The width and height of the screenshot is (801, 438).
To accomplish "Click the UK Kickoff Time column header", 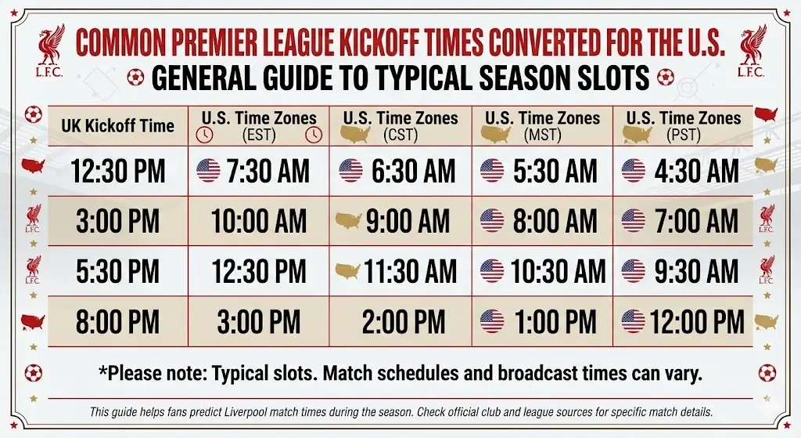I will click(117, 125).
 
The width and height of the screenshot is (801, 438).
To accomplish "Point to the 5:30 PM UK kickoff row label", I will click(117, 272).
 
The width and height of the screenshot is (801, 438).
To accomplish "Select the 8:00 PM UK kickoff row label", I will click(117, 321).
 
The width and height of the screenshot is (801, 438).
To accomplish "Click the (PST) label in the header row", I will click(682, 136).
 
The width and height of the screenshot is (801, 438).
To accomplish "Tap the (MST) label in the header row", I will click(542, 136).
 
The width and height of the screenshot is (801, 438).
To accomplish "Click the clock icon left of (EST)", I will click(204, 135).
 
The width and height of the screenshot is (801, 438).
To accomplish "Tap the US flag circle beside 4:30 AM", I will click(634, 171).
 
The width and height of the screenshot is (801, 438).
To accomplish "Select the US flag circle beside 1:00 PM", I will click(492, 321).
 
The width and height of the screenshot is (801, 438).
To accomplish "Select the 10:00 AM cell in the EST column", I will click(259, 222).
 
